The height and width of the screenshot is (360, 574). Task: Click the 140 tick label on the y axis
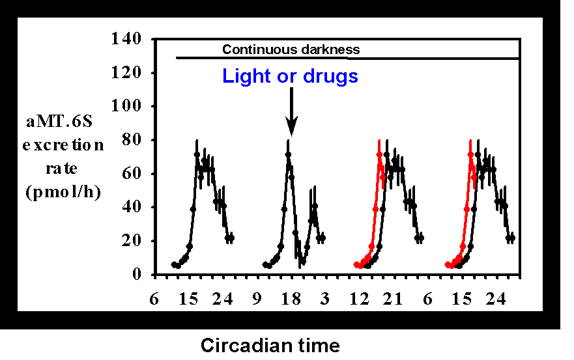tap(127, 39)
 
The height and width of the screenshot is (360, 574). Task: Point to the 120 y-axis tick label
tap(127, 73)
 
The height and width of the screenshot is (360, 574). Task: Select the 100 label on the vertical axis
tap(127, 106)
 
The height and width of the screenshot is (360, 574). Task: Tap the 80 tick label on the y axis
tap(132, 140)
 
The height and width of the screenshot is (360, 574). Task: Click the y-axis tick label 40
tap(132, 207)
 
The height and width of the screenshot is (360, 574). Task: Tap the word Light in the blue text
tap(246, 77)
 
